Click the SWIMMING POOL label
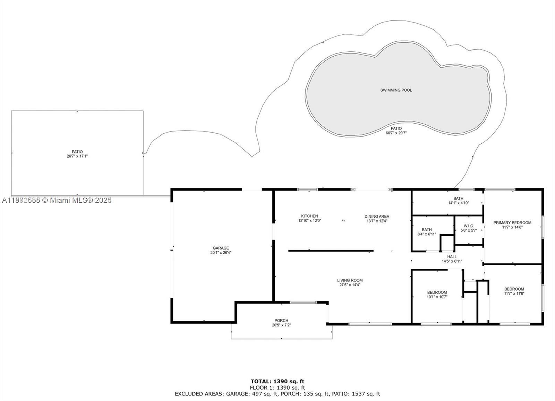coord(396,90)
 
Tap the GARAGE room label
coord(221,248)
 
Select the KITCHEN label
coord(309,216)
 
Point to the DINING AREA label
coord(376,216)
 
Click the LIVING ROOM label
coord(350,280)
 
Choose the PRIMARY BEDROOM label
coord(512,223)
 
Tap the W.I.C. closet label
coord(469,226)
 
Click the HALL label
coord(452,257)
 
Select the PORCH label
coord(281,320)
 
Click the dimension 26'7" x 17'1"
coord(77,156)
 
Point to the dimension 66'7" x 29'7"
coord(396,133)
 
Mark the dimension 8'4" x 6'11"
coord(427,234)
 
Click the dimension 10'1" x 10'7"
coord(437,297)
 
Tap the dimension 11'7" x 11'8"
coord(514,293)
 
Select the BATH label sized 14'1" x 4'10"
coord(458,199)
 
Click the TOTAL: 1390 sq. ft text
coord(277,381)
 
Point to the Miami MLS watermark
coord(57,200)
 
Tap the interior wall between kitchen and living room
coord(331,250)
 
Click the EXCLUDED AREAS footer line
coord(277,394)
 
